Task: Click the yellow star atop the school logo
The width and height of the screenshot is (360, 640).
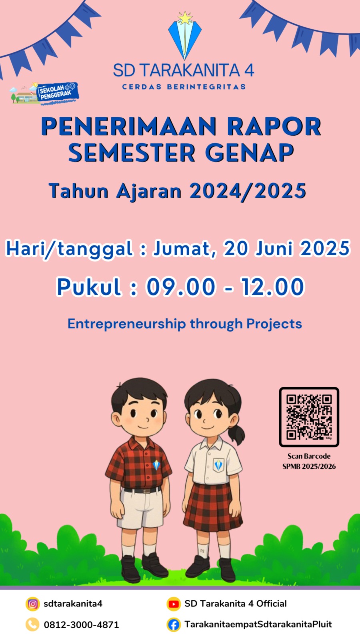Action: pyautogui.click(x=185, y=18)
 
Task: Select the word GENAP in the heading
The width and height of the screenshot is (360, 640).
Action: pyautogui.click(x=250, y=152)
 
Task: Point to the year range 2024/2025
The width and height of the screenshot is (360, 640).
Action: pyautogui.click(x=248, y=190)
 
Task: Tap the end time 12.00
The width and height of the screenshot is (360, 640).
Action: pyautogui.click(x=272, y=286)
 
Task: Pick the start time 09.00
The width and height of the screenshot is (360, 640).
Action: pyautogui.click(x=180, y=286)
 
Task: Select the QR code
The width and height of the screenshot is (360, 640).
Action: pyautogui.click(x=309, y=417)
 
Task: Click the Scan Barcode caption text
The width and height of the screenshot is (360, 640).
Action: pyautogui.click(x=309, y=456)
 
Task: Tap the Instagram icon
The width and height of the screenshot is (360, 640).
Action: pyautogui.click(x=32, y=604)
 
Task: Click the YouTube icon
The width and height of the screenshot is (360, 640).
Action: pyautogui.click(x=174, y=604)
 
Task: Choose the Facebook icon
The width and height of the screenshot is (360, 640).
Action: pyautogui.click(x=174, y=624)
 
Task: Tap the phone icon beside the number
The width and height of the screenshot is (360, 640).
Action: pyautogui.click(x=32, y=624)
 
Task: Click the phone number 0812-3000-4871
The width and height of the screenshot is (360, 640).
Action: pyautogui.click(x=81, y=625)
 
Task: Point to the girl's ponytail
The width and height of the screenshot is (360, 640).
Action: pyautogui.click(x=237, y=434)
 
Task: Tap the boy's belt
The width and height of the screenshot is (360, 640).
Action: pyautogui.click(x=142, y=490)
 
